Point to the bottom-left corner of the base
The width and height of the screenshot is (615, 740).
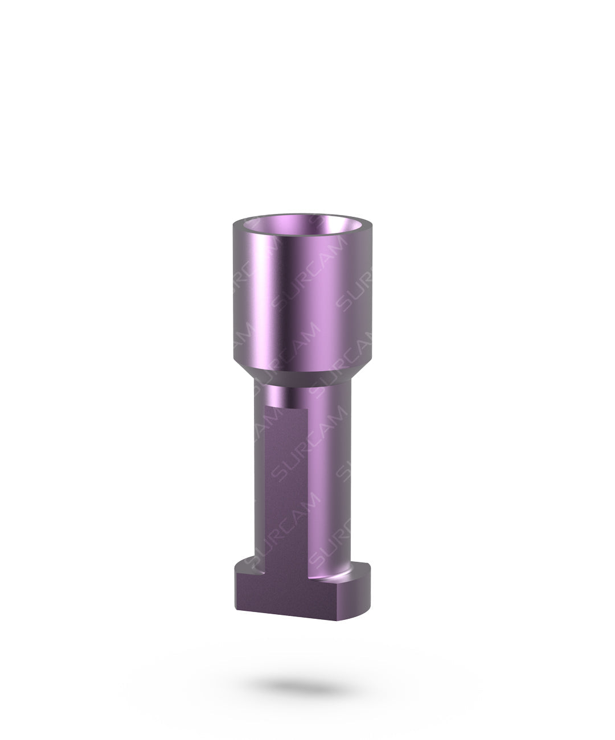pyautogui.click(x=235, y=614)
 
